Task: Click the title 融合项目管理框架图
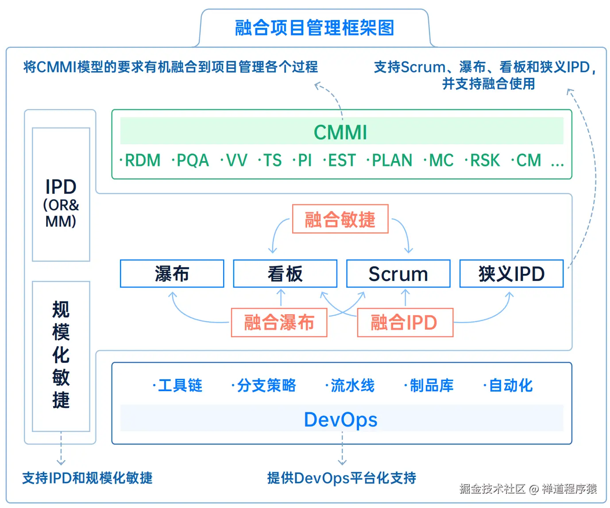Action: (x=314, y=28)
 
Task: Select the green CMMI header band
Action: (x=341, y=131)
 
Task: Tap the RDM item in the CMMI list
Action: (x=143, y=160)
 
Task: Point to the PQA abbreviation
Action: (x=193, y=160)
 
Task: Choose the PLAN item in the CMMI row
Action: (x=392, y=160)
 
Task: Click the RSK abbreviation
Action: (x=485, y=160)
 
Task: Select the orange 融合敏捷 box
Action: (x=340, y=219)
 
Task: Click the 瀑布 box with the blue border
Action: (x=172, y=273)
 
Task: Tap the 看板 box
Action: (x=285, y=273)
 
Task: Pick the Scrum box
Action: (x=398, y=273)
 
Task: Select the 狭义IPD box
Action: (x=511, y=273)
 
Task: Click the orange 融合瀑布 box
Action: (x=279, y=323)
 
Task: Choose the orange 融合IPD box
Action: (x=405, y=323)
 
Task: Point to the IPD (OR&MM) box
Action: (x=61, y=194)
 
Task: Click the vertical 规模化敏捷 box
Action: (x=61, y=356)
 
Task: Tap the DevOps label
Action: (x=341, y=419)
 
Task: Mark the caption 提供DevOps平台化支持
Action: (x=341, y=478)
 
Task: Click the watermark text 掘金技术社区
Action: (x=492, y=489)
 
